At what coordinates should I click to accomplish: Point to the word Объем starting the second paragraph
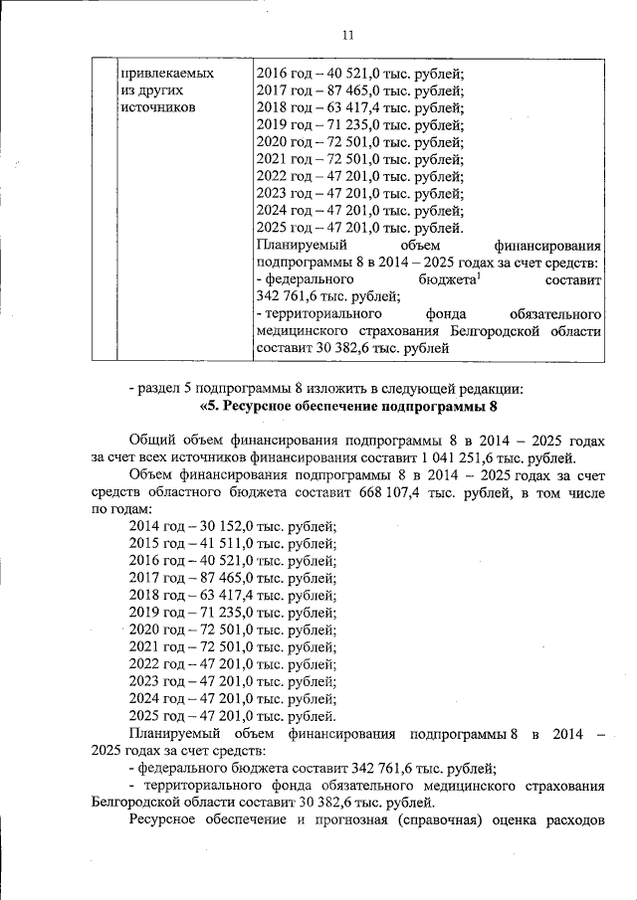153,474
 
